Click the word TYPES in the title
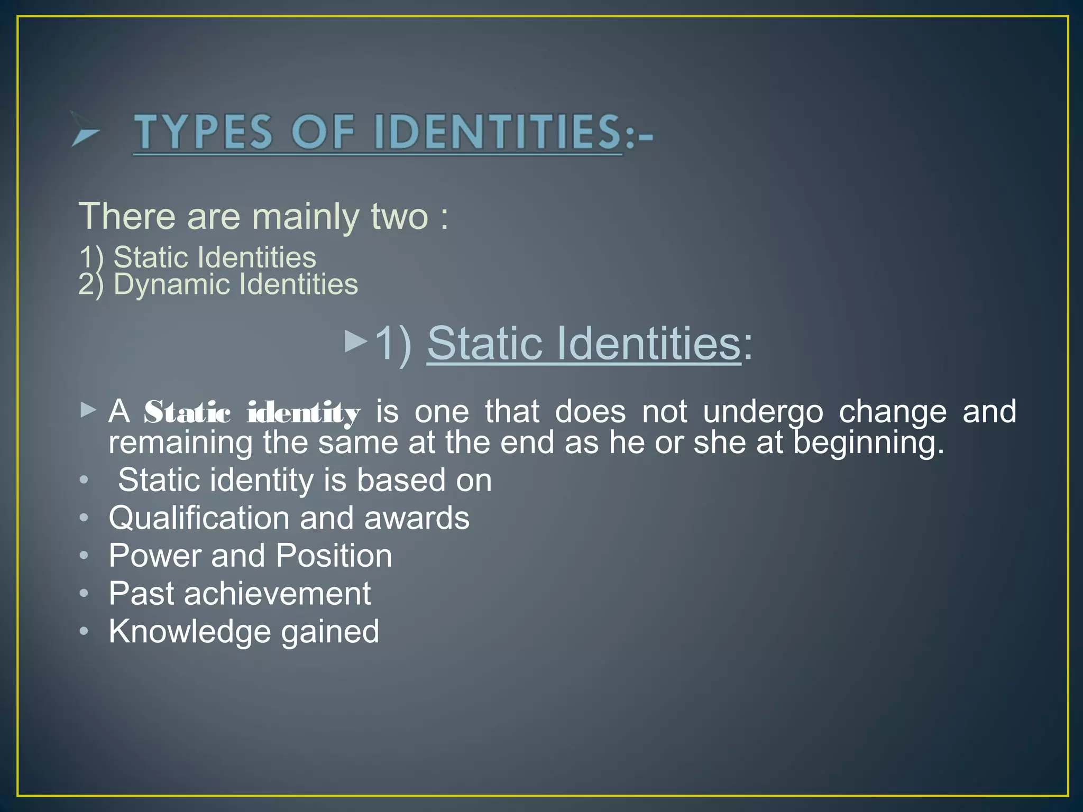(x=204, y=132)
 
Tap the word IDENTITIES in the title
(x=498, y=132)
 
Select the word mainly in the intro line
(x=305, y=217)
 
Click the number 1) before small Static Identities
(x=91, y=257)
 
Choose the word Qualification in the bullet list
(x=199, y=518)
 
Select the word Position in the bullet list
(x=334, y=556)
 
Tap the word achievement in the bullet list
(x=277, y=594)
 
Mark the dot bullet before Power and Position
(x=84, y=556)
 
